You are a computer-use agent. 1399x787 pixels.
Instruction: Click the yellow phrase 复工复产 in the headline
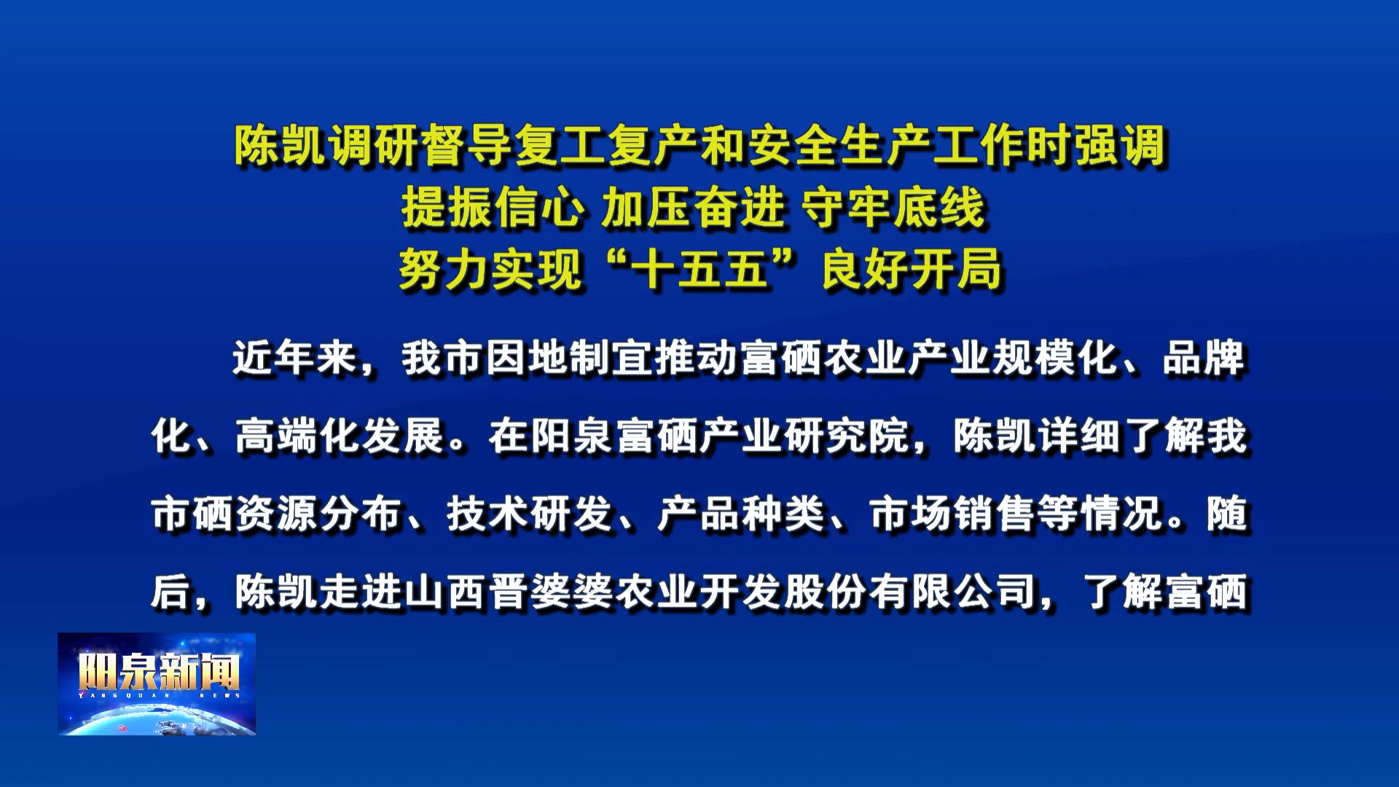[607, 145]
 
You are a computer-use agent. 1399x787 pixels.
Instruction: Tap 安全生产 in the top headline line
[840, 145]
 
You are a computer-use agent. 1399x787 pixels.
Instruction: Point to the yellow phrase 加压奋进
[693, 208]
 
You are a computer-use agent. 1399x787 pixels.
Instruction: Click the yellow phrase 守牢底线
[893, 208]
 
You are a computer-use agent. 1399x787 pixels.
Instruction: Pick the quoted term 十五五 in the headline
[700, 270]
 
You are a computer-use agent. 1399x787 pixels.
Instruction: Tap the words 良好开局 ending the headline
[912, 270]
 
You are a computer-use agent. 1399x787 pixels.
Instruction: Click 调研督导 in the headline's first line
[420, 145]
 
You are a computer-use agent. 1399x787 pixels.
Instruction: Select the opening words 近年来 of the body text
[295, 358]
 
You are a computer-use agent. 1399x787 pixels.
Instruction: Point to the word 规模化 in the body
[1056, 358]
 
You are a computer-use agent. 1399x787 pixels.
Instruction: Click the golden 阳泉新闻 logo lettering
[159, 671]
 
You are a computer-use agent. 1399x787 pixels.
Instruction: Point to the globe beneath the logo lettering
[157, 718]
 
